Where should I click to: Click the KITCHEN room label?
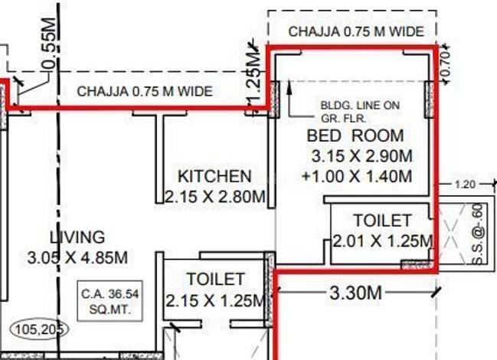point(214,176)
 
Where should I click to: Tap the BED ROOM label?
point(355,136)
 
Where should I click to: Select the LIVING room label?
point(77,237)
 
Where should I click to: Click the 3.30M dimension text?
point(355,293)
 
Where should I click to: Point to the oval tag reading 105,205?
point(40,329)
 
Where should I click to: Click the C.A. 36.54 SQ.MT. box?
point(110,301)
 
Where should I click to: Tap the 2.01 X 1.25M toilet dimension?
point(383,241)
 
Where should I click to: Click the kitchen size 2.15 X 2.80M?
point(215,197)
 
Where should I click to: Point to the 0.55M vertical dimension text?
point(50,44)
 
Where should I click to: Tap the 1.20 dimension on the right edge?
point(465,184)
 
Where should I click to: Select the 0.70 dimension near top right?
point(446,64)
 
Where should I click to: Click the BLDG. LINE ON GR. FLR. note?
point(360,112)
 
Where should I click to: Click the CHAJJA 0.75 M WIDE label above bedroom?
point(356,31)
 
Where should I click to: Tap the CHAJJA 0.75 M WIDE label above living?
point(145,91)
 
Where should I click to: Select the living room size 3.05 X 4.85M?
point(77,257)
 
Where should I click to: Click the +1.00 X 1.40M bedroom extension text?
point(357,176)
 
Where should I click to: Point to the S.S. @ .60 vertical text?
point(479,234)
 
